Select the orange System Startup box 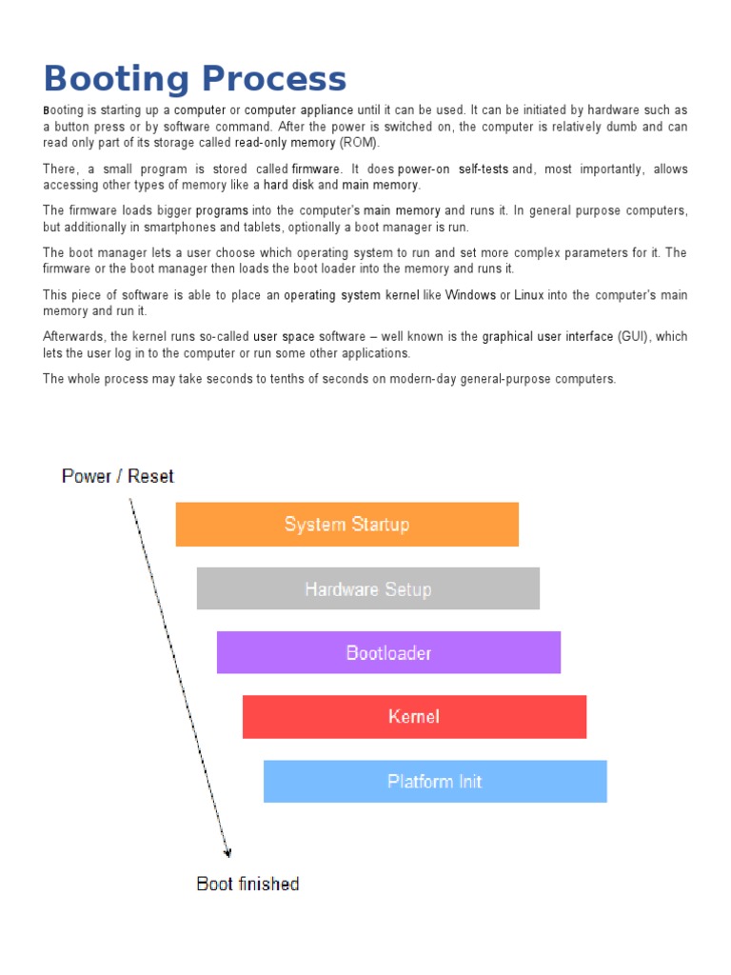[347, 525]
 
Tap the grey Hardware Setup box [368, 589]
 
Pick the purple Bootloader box [388, 653]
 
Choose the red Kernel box [414, 717]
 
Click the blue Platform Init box [435, 782]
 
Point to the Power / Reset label [118, 476]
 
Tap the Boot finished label [247, 884]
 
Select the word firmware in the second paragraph [315, 169]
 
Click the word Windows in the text [470, 295]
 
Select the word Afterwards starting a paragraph [75, 336]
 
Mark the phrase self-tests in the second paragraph [483, 169]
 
